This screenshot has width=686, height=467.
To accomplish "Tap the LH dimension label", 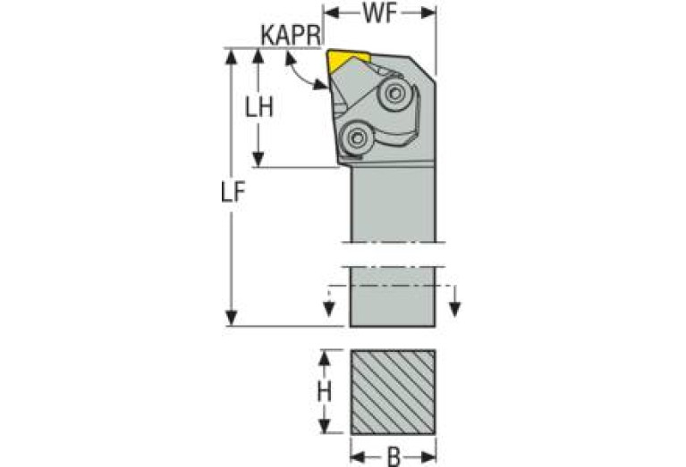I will coord(259,107).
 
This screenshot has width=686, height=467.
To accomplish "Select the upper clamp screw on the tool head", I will coord(394,92).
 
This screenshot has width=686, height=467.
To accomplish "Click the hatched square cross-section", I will coord(393,391).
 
